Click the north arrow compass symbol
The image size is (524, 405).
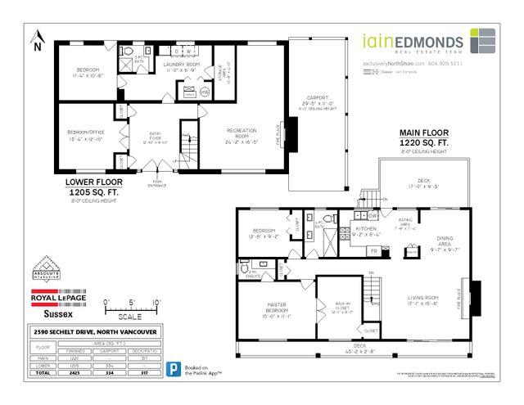tap(36, 39)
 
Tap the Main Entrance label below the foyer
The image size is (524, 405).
tap(157, 184)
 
